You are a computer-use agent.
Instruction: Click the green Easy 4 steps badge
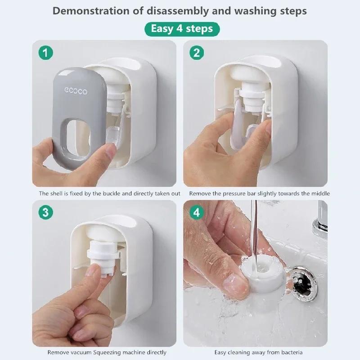click(x=182, y=29)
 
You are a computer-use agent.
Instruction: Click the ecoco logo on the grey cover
click(x=76, y=91)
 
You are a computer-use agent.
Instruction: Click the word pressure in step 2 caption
click(x=233, y=193)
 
